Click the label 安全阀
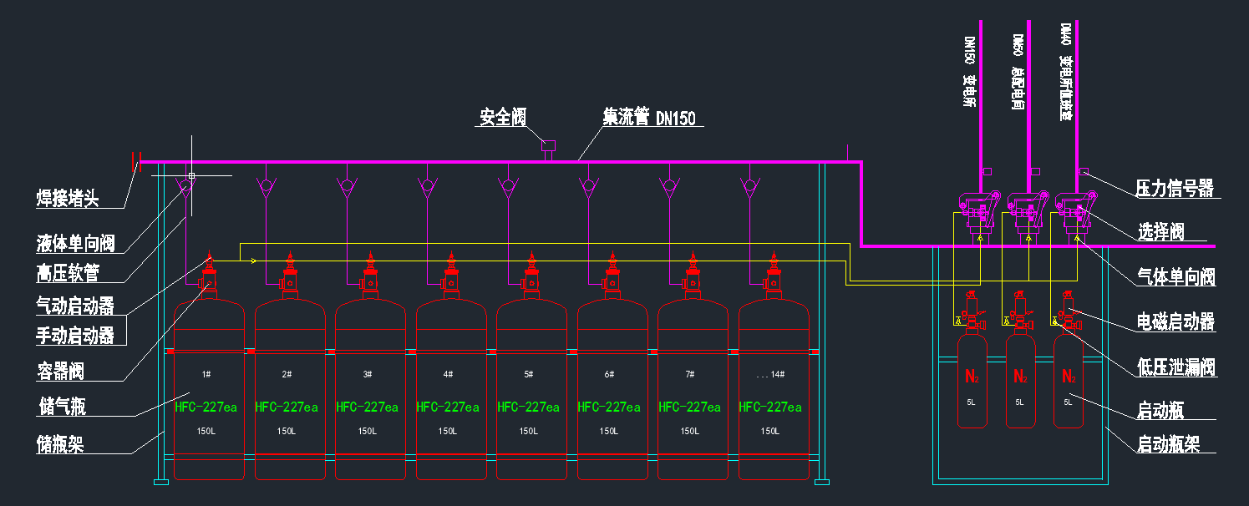502,117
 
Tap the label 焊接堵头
68,199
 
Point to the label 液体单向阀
75,244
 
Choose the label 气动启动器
75,306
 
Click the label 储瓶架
60,444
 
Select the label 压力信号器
1175,188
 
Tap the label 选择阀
1160,232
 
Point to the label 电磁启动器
1175,321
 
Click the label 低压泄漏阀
1175,367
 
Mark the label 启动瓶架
1168,444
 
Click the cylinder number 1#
206,374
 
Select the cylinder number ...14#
770,374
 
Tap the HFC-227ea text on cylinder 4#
448,407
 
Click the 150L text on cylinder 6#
609,432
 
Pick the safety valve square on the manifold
549,145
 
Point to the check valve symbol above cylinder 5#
508,185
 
